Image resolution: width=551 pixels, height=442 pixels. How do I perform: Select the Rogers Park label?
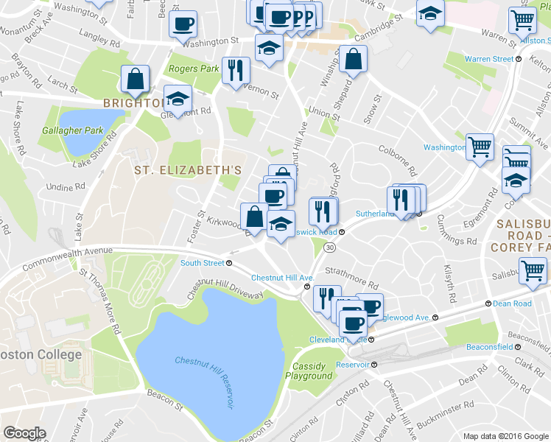194,69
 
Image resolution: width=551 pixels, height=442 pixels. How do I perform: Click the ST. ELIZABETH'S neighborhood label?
188,170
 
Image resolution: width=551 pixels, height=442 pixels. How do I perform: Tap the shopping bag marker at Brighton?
136,80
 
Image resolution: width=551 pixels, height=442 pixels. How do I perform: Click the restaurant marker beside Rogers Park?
236,70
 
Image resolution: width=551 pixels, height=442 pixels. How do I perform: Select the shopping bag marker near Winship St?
353,60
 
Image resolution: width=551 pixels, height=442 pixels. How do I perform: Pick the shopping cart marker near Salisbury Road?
532,270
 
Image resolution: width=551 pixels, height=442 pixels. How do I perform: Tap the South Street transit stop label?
203,263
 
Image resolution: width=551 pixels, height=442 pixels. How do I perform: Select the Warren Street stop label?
489,59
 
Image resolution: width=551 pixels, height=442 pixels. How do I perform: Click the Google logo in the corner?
24,433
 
